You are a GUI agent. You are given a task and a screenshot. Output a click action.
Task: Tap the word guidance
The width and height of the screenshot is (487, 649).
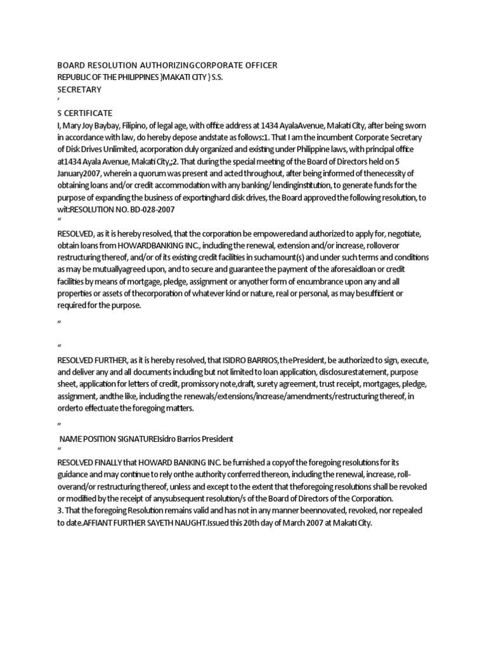point(75,474)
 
